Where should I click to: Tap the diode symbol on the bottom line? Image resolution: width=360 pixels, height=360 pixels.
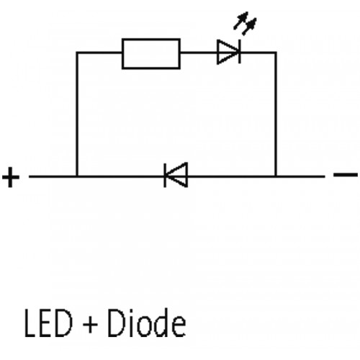pyautogui.click(x=176, y=175)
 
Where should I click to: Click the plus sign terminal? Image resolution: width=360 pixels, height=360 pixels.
pyautogui.click(x=11, y=177)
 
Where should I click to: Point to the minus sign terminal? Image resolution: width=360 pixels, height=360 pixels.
pyautogui.click(x=346, y=175)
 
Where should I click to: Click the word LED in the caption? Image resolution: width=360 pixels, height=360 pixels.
pyautogui.click(x=48, y=323)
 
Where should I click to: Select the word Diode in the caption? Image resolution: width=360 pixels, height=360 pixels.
pyautogui.click(x=146, y=323)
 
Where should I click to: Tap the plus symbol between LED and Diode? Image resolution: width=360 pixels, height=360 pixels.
pyautogui.click(x=90, y=325)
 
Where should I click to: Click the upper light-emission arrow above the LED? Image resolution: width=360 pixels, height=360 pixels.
pyautogui.click(x=240, y=21)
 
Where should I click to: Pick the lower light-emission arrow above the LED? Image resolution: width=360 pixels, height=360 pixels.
pyautogui.click(x=249, y=27)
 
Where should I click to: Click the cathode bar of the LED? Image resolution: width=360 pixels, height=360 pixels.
pyautogui.click(x=240, y=52)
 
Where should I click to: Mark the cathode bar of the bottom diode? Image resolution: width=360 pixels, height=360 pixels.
pyautogui.click(x=165, y=176)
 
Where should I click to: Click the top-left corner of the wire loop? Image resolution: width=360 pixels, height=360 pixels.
pyautogui.click(x=77, y=53)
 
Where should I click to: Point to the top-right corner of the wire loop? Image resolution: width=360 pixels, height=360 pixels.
pyautogui.click(x=276, y=53)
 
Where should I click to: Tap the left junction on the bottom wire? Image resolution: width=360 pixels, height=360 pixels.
pyautogui.click(x=77, y=176)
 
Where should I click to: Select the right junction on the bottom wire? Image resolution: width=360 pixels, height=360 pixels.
pyautogui.click(x=276, y=176)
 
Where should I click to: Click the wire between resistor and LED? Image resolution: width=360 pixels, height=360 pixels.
pyautogui.click(x=199, y=52)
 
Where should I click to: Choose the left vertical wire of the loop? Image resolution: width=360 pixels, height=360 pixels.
pyautogui.click(x=77, y=114)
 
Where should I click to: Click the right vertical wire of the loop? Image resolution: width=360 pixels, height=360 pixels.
pyautogui.click(x=276, y=114)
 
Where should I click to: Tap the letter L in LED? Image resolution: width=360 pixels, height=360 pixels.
pyautogui.click(x=31, y=323)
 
